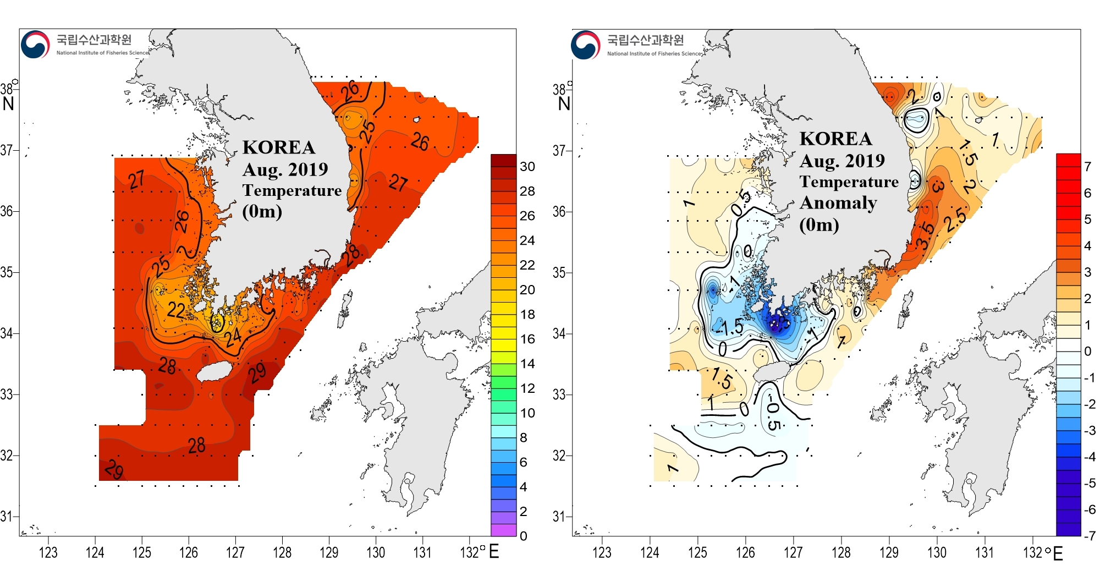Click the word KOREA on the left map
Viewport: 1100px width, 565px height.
pyautogui.click(x=279, y=147)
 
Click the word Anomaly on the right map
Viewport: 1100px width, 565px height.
pyautogui.click(x=838, y=203)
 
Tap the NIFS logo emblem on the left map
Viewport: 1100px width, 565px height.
pyautogui.click(x=35, y=45)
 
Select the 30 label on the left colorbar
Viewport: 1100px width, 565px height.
pyautogui.click(x=527, y=167)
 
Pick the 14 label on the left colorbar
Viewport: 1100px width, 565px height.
pyautogui.click(x=527, y=364)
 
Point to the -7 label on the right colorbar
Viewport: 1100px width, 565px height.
pyautogui.click(x=1089, y=535)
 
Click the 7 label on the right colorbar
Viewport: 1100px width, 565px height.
pyautogui.click(x=1087, y=166)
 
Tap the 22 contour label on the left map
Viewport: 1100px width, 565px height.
pyautogui.click(x=176, y=310)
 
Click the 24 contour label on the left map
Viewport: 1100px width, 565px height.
pyautogui.click(x=233, y=336)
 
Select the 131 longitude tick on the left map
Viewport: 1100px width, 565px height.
pyautogui.click(x=422, y=552)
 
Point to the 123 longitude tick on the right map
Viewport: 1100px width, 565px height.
pyautogui.click(x=602, y=552)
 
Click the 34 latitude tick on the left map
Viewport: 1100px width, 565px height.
pyautogui.click(x=7, y=333)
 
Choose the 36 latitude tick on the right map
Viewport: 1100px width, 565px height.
pyautogui.click(x=559, y=211)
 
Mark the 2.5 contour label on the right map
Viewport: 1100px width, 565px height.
pyautogui.click(x=955, y=220)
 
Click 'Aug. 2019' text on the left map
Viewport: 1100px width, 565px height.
pyautogui.click(x=285, y=169)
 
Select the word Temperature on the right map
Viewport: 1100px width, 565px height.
pyautogui.click(x=849, y=182)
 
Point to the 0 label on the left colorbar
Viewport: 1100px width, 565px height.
pyautogui.click(x=523, y=536)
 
